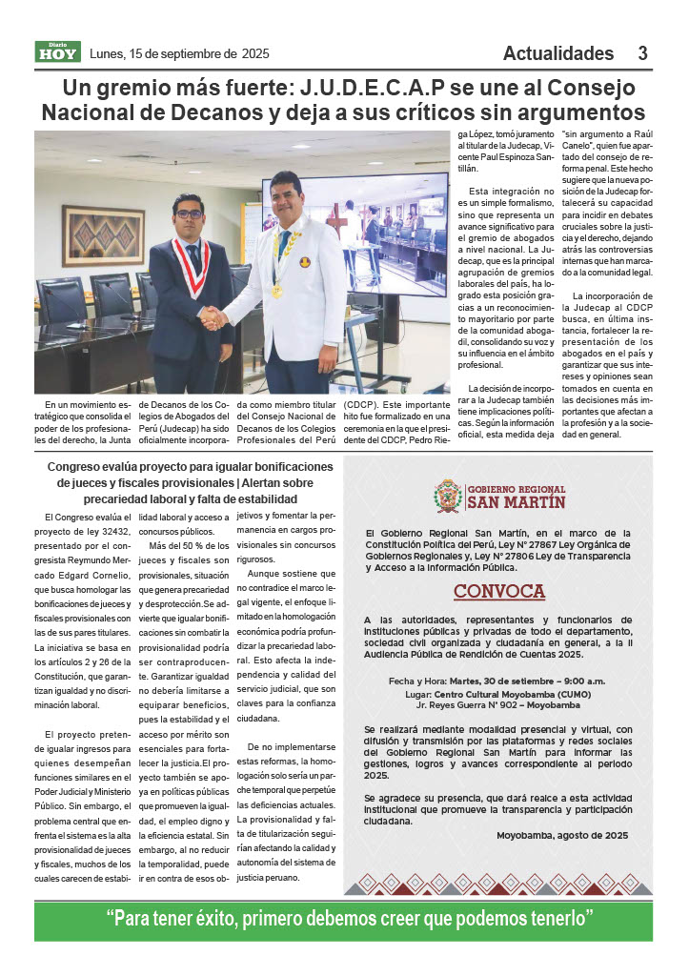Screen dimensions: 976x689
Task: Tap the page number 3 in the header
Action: (643, 53)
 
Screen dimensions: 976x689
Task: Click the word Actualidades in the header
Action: (558, 53)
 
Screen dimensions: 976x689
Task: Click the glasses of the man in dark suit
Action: (189, 213)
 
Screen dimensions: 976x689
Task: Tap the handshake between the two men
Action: (213, 317)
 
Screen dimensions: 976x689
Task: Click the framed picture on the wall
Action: (103, 234)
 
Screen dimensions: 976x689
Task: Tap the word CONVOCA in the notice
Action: (498, 591)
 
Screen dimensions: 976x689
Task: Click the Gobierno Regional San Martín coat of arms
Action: (448, 496)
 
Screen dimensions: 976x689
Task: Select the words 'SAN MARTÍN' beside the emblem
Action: (516, 502)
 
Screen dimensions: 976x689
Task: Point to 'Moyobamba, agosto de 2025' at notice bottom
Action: (562, 835)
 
